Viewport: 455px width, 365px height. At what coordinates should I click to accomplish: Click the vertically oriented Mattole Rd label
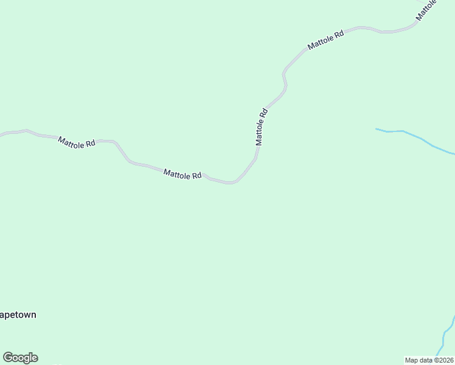point(261,127)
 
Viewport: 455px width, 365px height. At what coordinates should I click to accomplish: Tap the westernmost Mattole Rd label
point(77,143)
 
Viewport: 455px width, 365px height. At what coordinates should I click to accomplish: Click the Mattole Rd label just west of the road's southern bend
point(182,175)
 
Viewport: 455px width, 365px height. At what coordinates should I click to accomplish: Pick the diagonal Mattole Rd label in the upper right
point(326,40)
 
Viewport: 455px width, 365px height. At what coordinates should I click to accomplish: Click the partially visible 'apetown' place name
point(18,315)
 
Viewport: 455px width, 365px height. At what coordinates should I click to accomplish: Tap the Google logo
point(20,358)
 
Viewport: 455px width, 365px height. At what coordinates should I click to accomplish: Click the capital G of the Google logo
point(7,358)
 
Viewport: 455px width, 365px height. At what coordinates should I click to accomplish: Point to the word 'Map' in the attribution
point(412,360)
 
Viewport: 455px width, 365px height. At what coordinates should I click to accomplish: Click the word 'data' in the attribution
point(426,360)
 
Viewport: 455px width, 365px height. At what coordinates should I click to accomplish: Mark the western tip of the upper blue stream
point(377,129)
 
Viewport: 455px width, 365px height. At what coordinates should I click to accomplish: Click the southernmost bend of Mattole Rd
point(229,182)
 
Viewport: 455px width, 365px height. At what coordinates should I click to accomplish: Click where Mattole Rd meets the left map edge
point(1,134)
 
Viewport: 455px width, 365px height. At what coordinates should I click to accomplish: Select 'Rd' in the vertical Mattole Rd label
point(263,113)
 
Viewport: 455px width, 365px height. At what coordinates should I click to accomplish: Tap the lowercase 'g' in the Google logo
point(27,359)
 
